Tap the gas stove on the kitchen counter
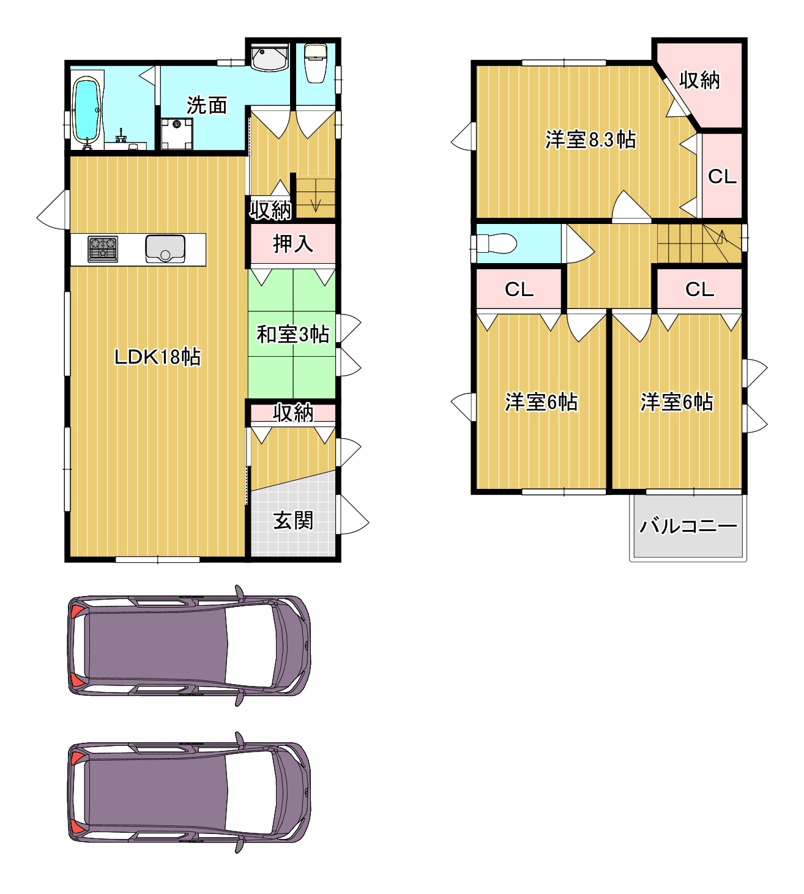click(103, 249)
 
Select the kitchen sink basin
click(165, 248)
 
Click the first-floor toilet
click(316, 63)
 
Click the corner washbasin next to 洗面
click(269, 57)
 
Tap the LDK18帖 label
click(158, 357)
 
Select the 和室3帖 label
click(293, 334)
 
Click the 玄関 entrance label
click(293, 520)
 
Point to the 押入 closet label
click(293, 244)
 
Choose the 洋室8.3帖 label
click(590, 140)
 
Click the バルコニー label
click(688, 526)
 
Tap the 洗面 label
click(207, 105)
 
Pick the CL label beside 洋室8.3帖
click(722, 176)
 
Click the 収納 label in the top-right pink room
click(699, 80)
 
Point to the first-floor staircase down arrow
click(316, 196)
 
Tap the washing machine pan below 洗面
click(177, 133)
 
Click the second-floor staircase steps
click(699, 244)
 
